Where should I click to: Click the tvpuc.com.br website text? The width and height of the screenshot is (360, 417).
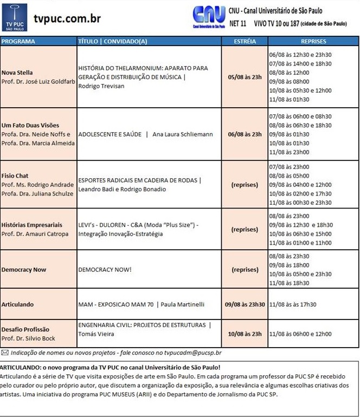(x=67, y=19)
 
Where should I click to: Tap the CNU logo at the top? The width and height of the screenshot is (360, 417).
(x=209, y=16)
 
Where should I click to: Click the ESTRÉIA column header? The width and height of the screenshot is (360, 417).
(x=245, y=41)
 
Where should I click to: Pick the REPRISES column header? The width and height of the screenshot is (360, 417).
(x=313, y=41)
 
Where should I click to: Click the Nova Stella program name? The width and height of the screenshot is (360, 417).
(x=17, y=73)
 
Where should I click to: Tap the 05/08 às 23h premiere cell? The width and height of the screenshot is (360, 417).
(x=245, y=77)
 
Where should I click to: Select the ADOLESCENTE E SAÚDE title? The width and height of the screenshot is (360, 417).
(x=110, y=134)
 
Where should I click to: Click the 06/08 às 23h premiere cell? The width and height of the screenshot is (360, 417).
(x=245, y=134)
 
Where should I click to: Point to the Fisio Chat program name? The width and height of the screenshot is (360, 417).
(x=15, y=176)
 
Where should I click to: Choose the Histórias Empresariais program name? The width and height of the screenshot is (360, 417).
(x=32, y=225)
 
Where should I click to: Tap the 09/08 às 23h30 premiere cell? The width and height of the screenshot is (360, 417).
(x=245, y=304)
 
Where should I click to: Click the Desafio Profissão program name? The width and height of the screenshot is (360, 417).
(x=25, y=329)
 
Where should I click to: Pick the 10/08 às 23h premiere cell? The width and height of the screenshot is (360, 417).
(x=245, y=334)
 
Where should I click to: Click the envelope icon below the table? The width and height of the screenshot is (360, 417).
(x=5, y=353)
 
